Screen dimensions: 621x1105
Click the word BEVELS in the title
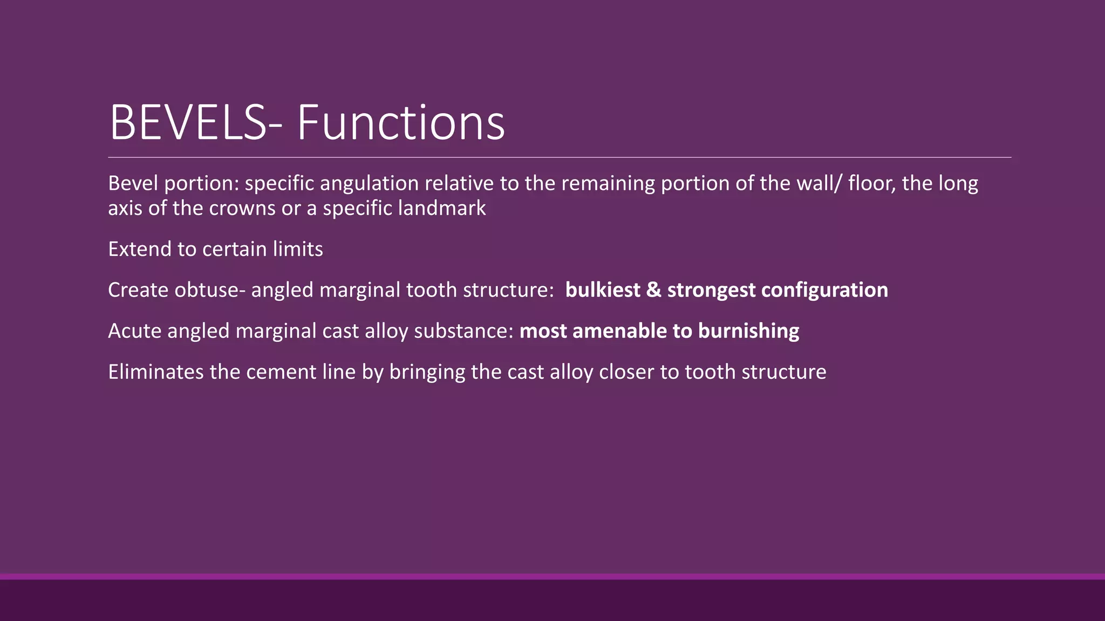click(x=188, y=123)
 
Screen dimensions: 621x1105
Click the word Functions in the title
click(x=400, y=123)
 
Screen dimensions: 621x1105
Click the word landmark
click(x=441, y=209)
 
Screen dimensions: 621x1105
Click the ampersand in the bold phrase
click(x=653, y=291)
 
